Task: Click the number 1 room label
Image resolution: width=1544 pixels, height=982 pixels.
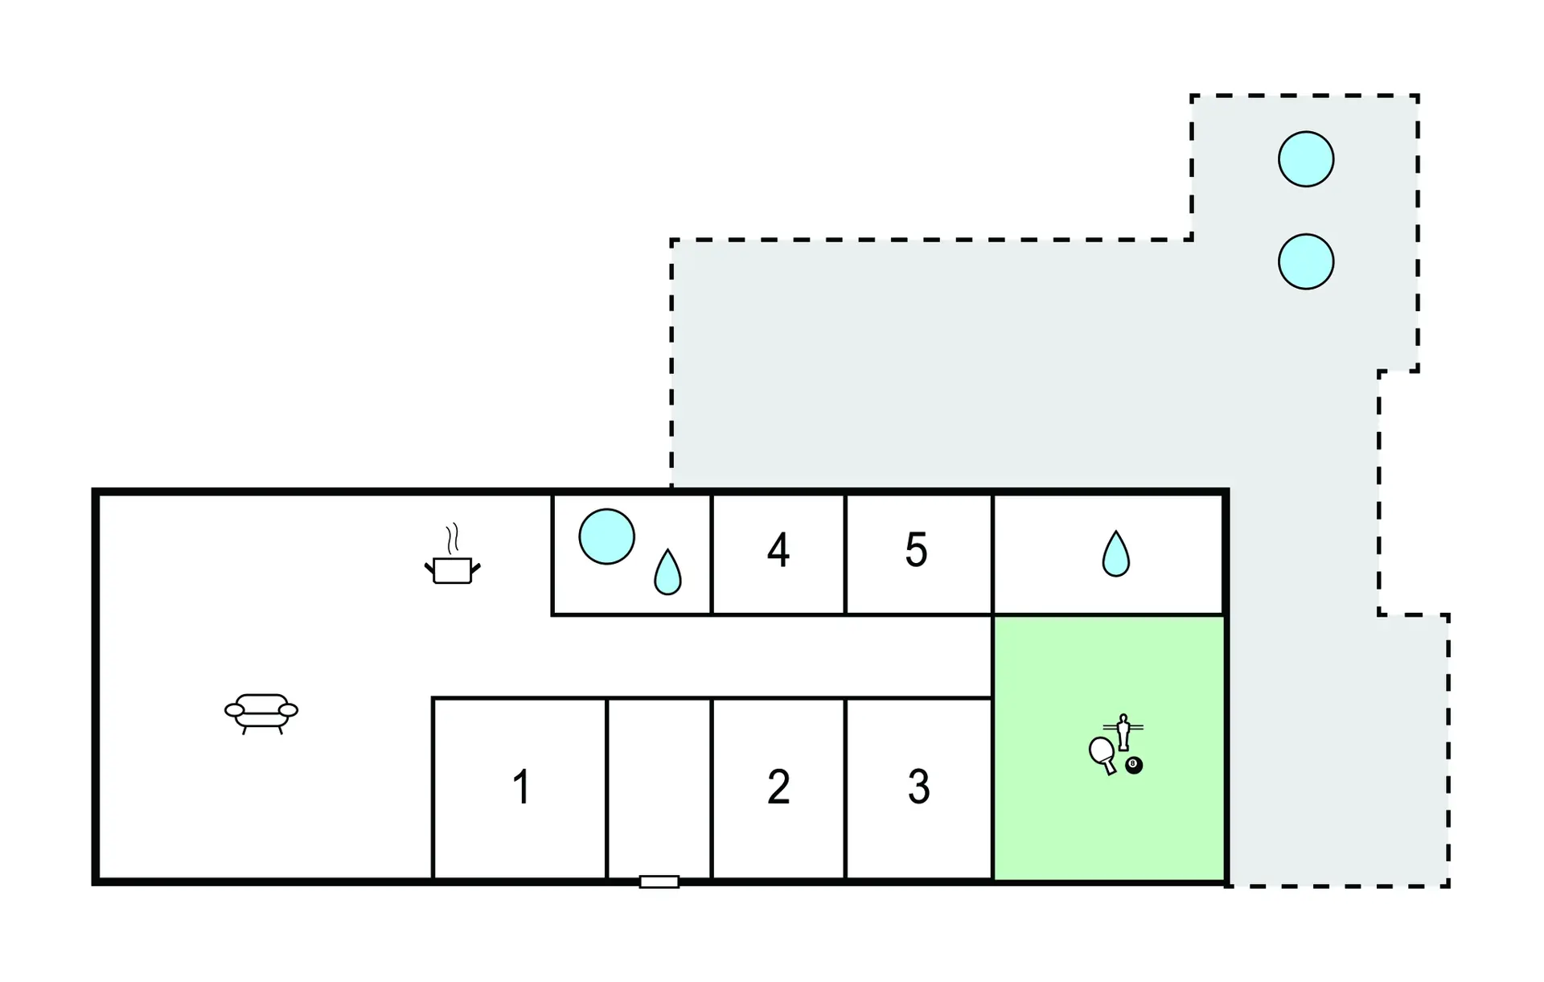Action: [x=521, y=787]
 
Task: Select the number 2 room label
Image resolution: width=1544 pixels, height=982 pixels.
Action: [x=778, y=787]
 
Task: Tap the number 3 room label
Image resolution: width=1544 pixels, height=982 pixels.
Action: [x=918, y=787]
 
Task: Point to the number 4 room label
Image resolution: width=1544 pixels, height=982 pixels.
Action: [x=778, y=551]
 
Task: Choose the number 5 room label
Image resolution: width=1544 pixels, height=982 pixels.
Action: [x=916, y=551]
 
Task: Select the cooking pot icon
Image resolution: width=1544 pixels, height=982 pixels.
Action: [x=452, y=569]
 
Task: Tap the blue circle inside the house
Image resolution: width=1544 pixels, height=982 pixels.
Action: [x=606, y=536]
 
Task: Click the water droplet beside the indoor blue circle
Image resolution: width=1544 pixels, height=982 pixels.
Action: [x=667, y=573]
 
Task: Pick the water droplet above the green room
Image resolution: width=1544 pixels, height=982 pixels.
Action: [x=1115, y=555]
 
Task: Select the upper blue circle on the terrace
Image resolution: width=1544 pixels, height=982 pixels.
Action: [x=1306, y=159]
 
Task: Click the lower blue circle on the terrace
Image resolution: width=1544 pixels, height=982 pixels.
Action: [x=1306, y=261]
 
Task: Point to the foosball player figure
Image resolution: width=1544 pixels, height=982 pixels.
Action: [x=1123, y=731]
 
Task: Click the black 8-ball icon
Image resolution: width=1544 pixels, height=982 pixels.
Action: [x=1134, y=764]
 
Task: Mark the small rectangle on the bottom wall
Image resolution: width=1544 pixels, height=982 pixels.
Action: [x=659, y=881]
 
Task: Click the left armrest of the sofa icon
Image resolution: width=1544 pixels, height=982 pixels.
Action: [x=234, y=709]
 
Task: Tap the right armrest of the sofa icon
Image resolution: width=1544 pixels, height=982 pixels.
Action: [x=288, y=709]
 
